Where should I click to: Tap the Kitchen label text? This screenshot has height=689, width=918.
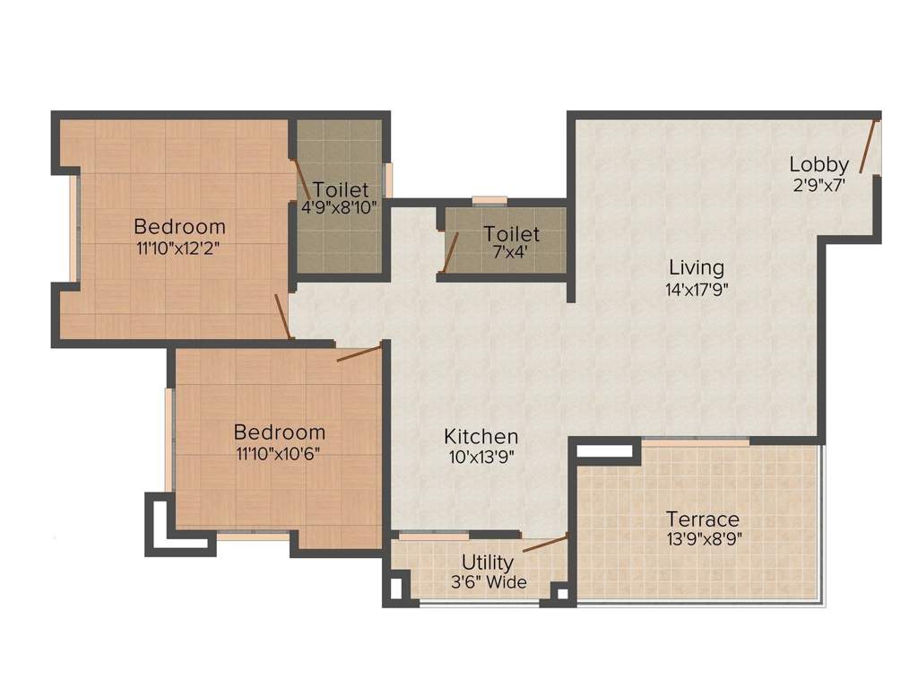pyautogui.click(x=481, y=437)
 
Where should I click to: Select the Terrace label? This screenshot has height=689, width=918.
pyautogui.click(x=703, y=519)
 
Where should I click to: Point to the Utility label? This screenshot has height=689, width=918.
pyautogui.click(x=488, y=563)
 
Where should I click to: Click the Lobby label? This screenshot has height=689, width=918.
pyautogui.click(x=818, y=164)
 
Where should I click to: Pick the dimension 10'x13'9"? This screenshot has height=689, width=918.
pyautogui.click(x=481, y=456)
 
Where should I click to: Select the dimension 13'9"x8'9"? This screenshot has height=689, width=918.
pyautogui.click(x=703, y=539)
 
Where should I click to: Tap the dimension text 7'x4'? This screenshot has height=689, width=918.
pyautogui.click(x=511, y=252)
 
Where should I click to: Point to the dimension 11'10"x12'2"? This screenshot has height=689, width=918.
pyautogui.click(x=179, y=248)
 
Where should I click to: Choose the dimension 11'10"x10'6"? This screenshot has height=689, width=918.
pyautogui.click(x=279, y=452)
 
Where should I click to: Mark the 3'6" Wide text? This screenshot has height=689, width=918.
pyautogui.click(x=489, y=582)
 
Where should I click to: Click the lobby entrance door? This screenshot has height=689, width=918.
pyautogui.click(x=867, y=145)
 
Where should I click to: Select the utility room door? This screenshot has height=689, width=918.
pyautogui.click(x=545, y=544)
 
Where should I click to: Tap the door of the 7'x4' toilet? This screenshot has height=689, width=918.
pyautogui.click(x=450, y=251)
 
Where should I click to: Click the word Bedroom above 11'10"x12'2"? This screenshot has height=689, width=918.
pyautogui.click(x=179, y=226)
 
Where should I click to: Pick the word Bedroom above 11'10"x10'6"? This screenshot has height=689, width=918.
pyautogui.click(x=279, y=432)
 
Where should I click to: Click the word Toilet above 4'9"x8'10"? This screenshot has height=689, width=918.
pyautogui.click(x=341, y=189)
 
